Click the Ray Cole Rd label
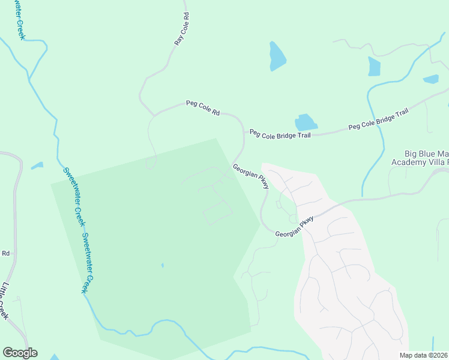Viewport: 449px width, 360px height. pyautogui.click(x=182, y=29)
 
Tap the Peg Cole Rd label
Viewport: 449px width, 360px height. pyautogui.click(x=203, y=108)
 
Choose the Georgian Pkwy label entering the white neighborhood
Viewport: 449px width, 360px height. pyautogui.click(x=295, y=228)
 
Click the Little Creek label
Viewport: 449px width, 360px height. pyautogui.click(x=5, y=300)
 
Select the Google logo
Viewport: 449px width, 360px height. pyautogui.click(x=20, y=352)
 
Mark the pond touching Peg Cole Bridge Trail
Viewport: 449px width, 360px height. pyautogui.click(x=306, y=122)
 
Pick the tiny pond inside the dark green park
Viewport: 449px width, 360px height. pyautogui.click(x=162, y=265)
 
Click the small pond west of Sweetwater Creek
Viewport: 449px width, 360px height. pyautogui.click(x=37, y=165)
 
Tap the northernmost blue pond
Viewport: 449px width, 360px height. pyautogui.click(x=276, y=56)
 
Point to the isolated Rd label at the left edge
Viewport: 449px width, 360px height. pyautogui.click(x=6, y=253)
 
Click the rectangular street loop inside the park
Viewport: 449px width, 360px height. pyautogui.click(x=217, y=212)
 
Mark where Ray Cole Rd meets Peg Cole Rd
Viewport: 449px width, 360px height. pyautogui.click(x=154, y=114)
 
